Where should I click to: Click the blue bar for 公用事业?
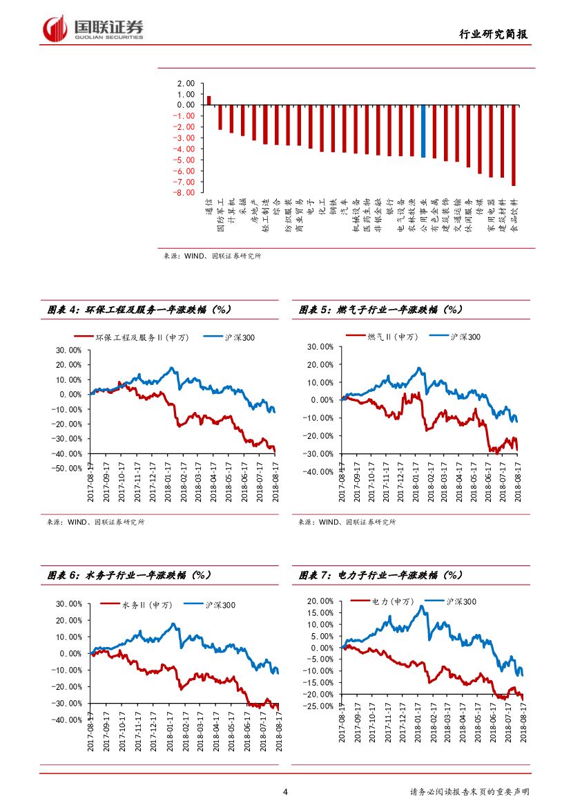423,131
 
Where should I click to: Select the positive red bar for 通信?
209,100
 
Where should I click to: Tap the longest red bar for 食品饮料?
513,145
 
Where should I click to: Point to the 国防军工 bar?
220,118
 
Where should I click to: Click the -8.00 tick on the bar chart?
184,193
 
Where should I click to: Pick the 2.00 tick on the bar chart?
186,84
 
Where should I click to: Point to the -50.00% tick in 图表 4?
67,469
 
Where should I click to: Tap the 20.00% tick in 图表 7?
320,601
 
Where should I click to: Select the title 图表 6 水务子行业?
128,575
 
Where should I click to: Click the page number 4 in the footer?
285,792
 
